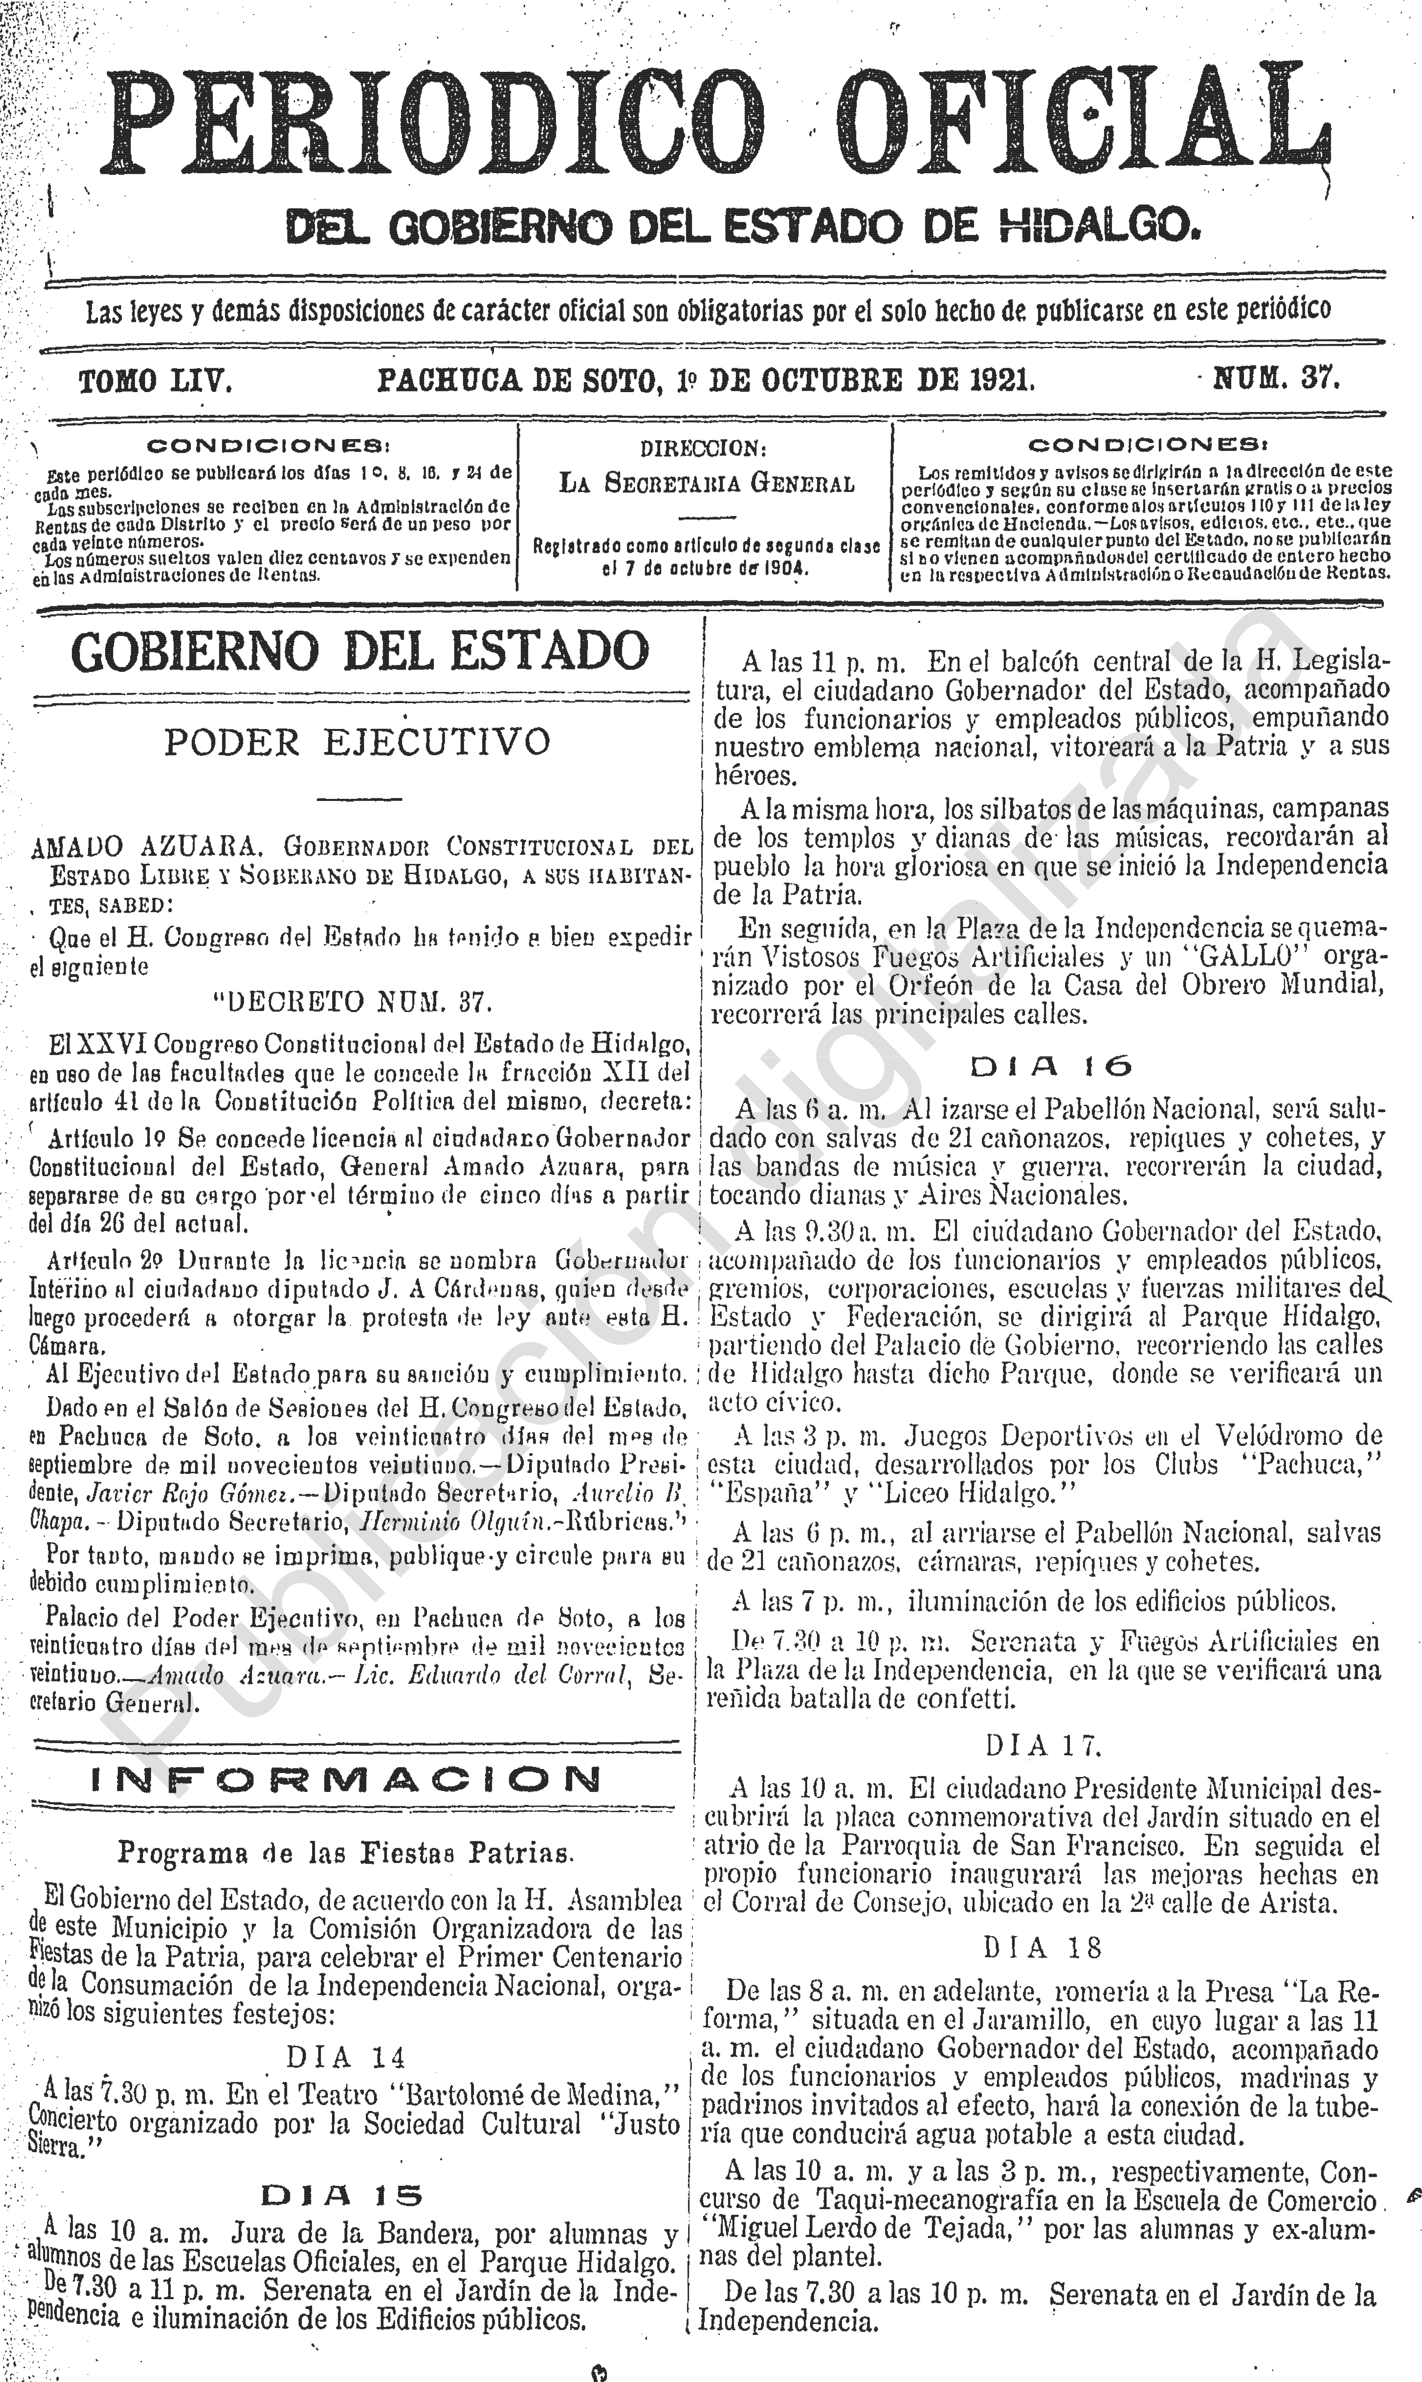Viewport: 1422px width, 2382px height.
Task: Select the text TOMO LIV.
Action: pos(155,381)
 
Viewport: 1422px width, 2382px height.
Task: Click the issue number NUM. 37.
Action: pos(1276,379)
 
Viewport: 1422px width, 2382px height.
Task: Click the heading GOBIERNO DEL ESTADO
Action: pos(360,652)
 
